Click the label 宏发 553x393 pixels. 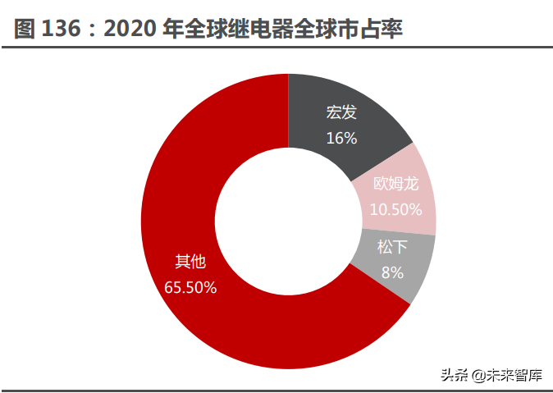pos(341,112)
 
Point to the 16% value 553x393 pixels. pos(341,138)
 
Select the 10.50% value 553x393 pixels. pos(395,209)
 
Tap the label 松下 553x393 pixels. pos(392,246)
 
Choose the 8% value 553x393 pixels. pos(392,272)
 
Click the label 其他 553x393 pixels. pos(190,262)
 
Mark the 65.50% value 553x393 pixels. pos(190,287)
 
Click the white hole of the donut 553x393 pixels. pos(288,220)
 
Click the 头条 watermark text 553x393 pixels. pos(453,376)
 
